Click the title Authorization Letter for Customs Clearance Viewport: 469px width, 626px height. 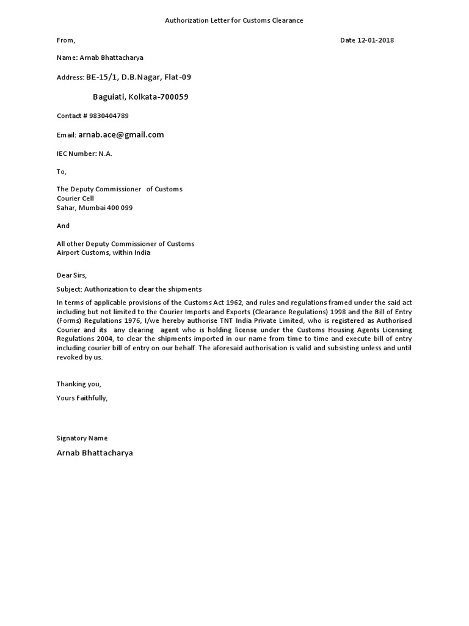(x=234, y=21)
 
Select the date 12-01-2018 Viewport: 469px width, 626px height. (x=375, y=40)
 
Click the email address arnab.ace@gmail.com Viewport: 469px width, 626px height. (x=121, y=134)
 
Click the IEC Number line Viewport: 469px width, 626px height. (x=84, y=153)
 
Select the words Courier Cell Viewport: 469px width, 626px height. (x=75, y=199)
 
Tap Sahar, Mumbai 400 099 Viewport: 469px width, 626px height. (x=95, y=208)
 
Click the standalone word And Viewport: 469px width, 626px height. (x=63, y=226)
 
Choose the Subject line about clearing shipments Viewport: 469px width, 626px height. (x=129, y=289)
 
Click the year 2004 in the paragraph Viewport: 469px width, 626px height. (x=105, y=339)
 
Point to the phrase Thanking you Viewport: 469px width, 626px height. (x=79, y=384)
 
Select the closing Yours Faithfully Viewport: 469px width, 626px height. (x=82, y=398)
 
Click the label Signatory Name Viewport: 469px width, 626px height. (x=82, y=438)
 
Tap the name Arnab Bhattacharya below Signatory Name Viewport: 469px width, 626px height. (x=95, y=454)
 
